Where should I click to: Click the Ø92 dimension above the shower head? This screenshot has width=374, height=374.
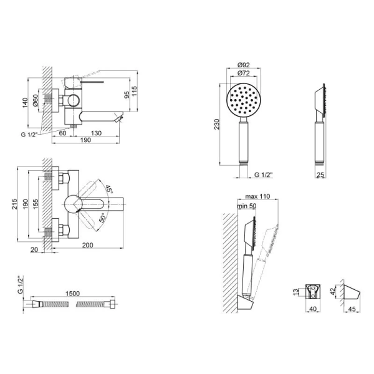244,65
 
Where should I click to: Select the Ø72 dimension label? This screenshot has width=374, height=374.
244,73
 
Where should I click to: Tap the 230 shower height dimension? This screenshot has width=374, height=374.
216,124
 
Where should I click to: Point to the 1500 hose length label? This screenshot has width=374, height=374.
72,294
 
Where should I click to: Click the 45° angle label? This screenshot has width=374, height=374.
108,189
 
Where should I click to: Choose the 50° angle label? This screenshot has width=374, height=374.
103,218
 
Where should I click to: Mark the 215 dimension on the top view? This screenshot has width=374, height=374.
14,204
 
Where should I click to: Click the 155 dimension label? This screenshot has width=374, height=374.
35,204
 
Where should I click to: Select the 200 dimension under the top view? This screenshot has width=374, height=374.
88,245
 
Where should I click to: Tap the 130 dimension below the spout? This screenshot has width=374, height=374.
96,133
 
